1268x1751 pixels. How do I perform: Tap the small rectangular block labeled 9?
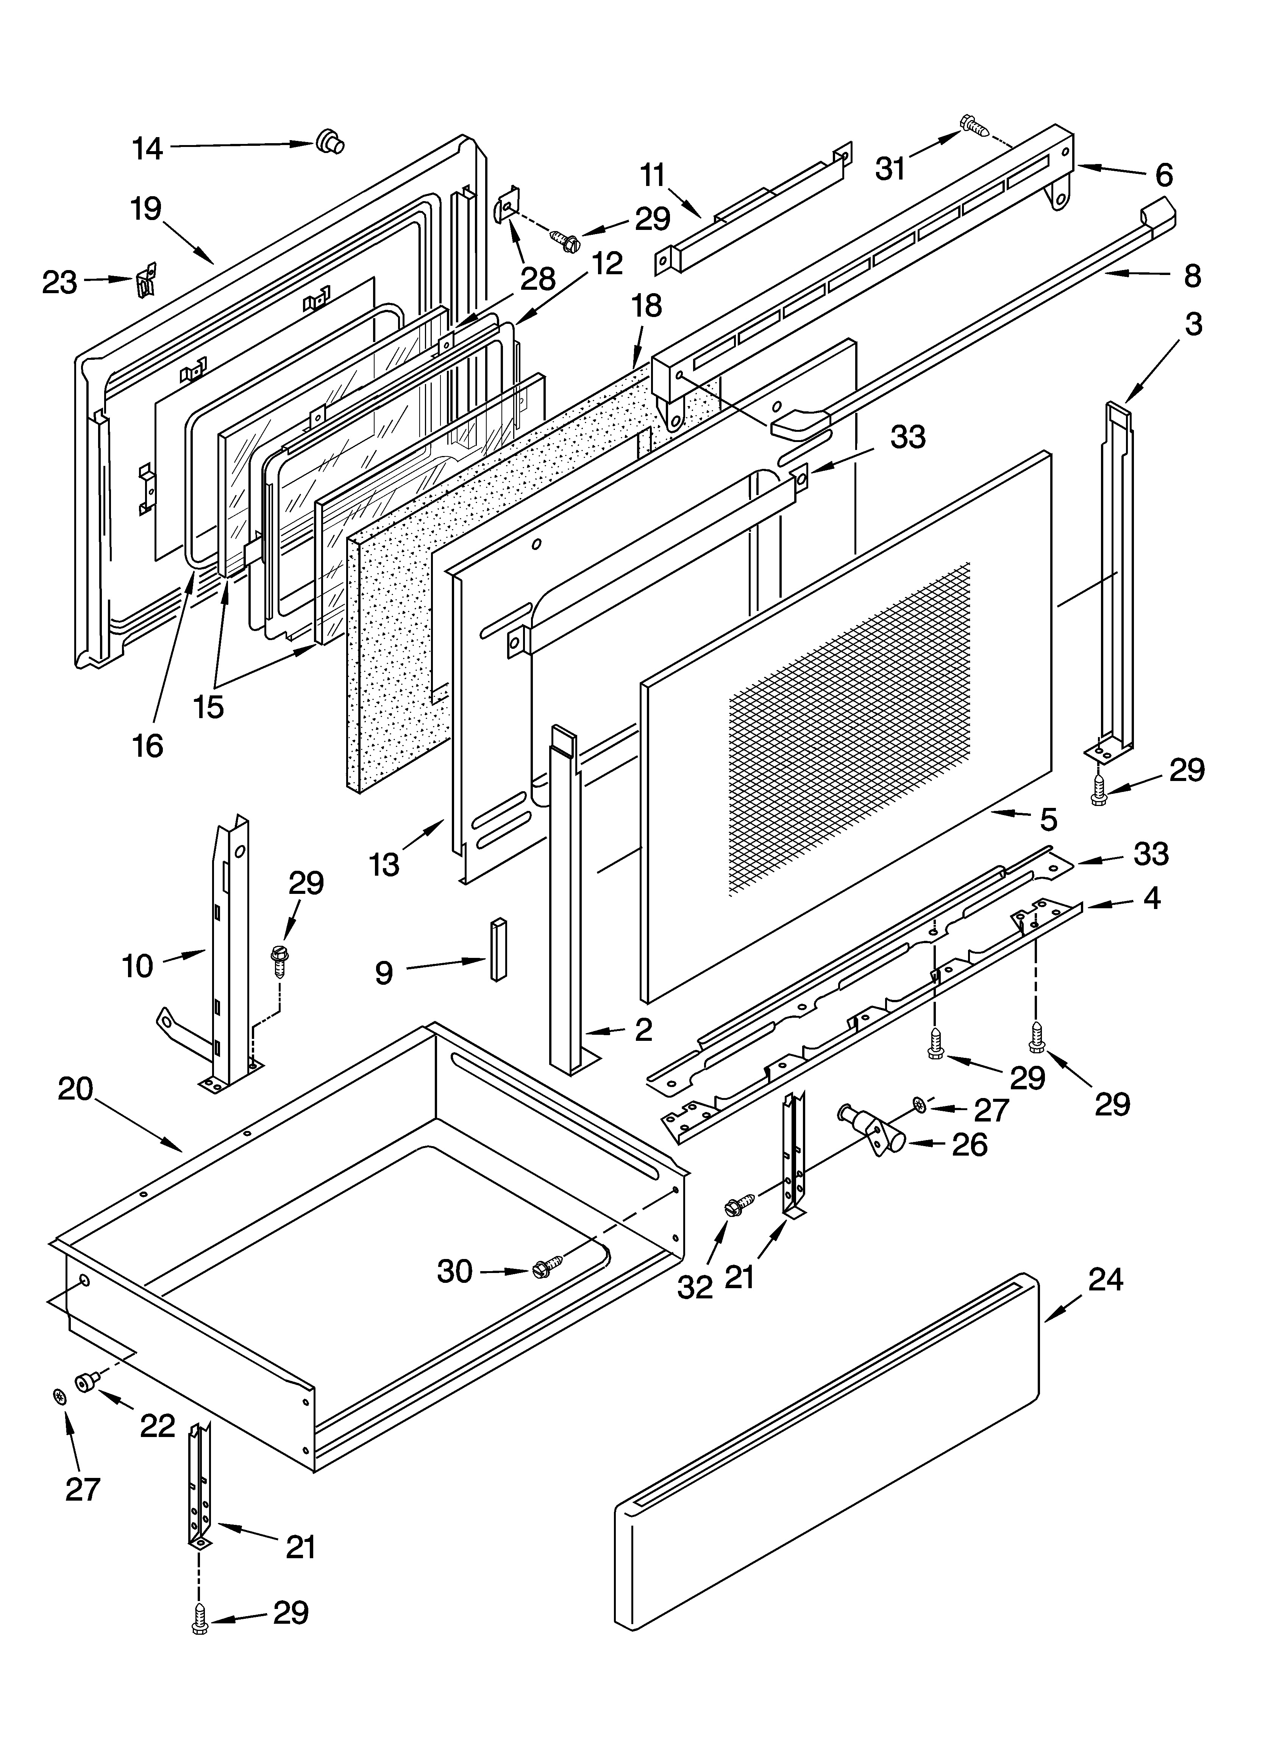pyautogui.click(x=498, y=949)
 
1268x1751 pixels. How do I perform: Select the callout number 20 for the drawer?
pyautogui.click(x=76, y=1089)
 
